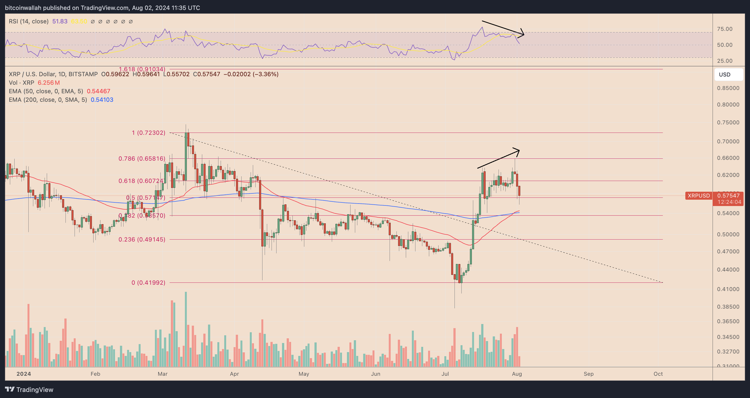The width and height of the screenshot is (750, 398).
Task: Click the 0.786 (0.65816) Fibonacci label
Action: (x=142, y=159)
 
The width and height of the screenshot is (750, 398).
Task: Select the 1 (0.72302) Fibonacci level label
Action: (x=149, y=133)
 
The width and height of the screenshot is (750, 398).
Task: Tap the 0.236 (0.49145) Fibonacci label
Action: (x=142, y=239)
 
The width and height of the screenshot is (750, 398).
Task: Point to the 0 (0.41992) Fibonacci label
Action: (x=148, y=282)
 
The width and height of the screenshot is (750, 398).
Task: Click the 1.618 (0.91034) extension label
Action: (x=142, y=69)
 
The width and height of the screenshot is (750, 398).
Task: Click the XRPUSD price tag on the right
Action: (x=699, y=196)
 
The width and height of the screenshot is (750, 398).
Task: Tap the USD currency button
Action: (x=725, y=75)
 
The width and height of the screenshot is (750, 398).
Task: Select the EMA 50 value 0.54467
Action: (x=98, y=91)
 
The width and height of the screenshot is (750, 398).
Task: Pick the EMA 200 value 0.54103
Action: (x=102, y=100)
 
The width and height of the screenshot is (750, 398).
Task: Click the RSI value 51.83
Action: (x=60, y=21)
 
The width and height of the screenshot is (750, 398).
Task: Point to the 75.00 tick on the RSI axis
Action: (x=725, y=29)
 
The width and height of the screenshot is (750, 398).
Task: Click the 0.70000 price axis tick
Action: (x=728, y=141)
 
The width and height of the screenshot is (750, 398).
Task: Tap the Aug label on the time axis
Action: (x=517, y=374)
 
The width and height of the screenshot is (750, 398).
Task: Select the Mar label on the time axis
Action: (x=162, y=374)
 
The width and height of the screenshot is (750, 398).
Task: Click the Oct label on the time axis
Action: (x=658, y=374)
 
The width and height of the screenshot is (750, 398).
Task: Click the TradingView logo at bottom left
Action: (x=29, y=389)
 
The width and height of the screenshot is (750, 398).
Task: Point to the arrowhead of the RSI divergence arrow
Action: (x=523, y=34)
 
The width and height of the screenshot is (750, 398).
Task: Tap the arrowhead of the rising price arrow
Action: (x=518, y=150)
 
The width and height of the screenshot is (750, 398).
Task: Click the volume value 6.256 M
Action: (x=49, y=83)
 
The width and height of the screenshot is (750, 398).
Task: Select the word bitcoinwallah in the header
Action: (x=23, y=8)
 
